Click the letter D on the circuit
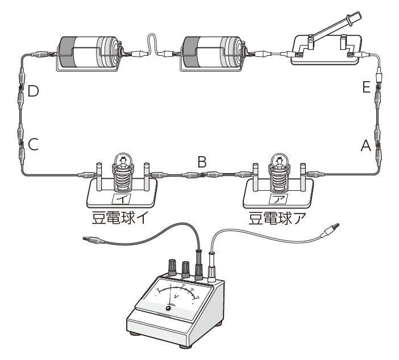click(33, 91)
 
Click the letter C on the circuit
click(33, 145)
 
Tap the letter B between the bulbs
click(201, 162)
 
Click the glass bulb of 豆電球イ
click(123, 161)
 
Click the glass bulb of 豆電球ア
click(279, 161)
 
